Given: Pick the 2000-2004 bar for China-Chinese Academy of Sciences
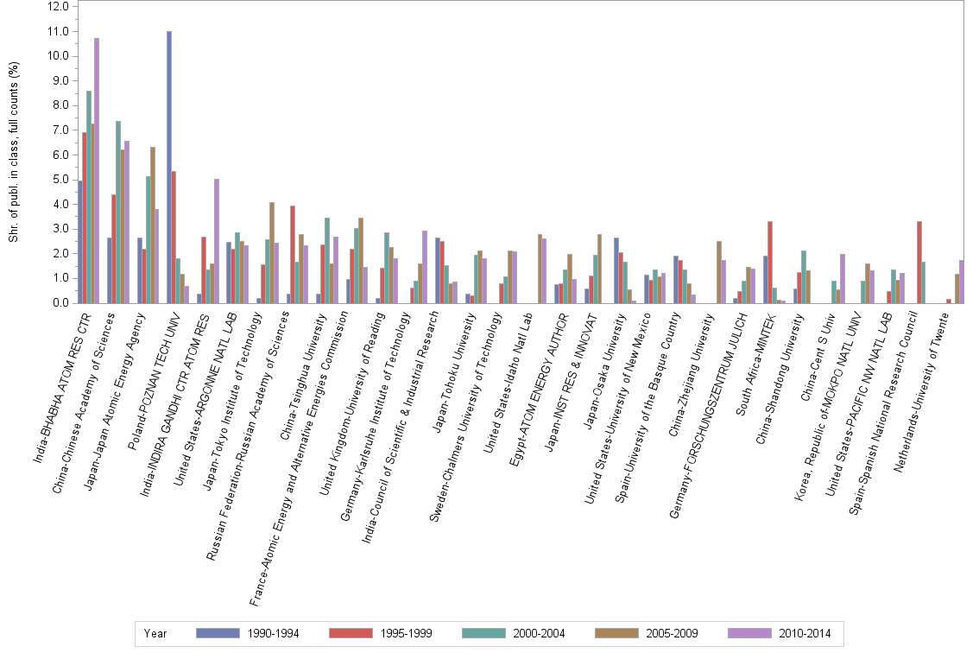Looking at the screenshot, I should pos(118,212).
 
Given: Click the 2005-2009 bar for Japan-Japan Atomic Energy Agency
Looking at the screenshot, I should pos(153,225).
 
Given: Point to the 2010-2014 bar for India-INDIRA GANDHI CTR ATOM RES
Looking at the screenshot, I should pos(217,241).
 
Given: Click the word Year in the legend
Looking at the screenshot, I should pos(155,633).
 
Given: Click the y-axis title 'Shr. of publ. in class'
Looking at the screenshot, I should pos(13,151).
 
